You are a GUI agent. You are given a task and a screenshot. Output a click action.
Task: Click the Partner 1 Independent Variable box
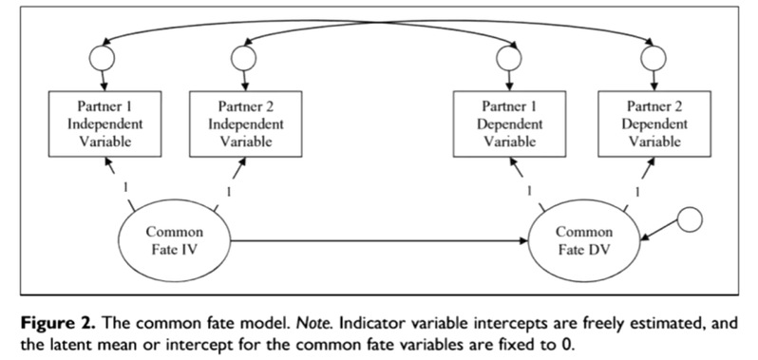(x=104, y=123)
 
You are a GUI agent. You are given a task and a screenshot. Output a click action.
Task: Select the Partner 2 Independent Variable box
(x=246, y=123)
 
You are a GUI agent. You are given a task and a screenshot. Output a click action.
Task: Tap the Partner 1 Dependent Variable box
(x=509, y=123)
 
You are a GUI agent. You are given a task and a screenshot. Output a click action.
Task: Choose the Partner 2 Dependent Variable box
(x=654, y=123)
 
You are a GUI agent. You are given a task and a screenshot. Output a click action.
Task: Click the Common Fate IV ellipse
(x=175, y=240)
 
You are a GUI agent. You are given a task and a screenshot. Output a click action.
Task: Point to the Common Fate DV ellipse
(x=584, y=240)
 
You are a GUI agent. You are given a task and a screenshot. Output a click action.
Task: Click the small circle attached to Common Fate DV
(x=689, y=219)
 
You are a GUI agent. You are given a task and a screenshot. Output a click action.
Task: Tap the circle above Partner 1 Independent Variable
(x=102, y=58)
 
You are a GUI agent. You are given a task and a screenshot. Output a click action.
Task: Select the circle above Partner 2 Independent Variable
(x=243, y=58)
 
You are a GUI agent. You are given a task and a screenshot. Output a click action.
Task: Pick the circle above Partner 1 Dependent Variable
(x=508, y=58)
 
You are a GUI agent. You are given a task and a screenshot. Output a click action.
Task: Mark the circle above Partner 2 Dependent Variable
(x=654, y=58)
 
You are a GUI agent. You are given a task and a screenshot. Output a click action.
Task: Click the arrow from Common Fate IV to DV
(x=380, y=240)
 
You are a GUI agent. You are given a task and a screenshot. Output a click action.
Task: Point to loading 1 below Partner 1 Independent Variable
(x=125, y=187)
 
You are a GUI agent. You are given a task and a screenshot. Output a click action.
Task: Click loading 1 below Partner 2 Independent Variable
(x=229, y=192)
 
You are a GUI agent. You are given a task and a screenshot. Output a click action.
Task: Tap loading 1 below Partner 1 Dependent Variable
(x=529, y=190)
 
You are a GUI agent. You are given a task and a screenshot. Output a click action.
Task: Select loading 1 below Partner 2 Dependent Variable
(x=637, y=192)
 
